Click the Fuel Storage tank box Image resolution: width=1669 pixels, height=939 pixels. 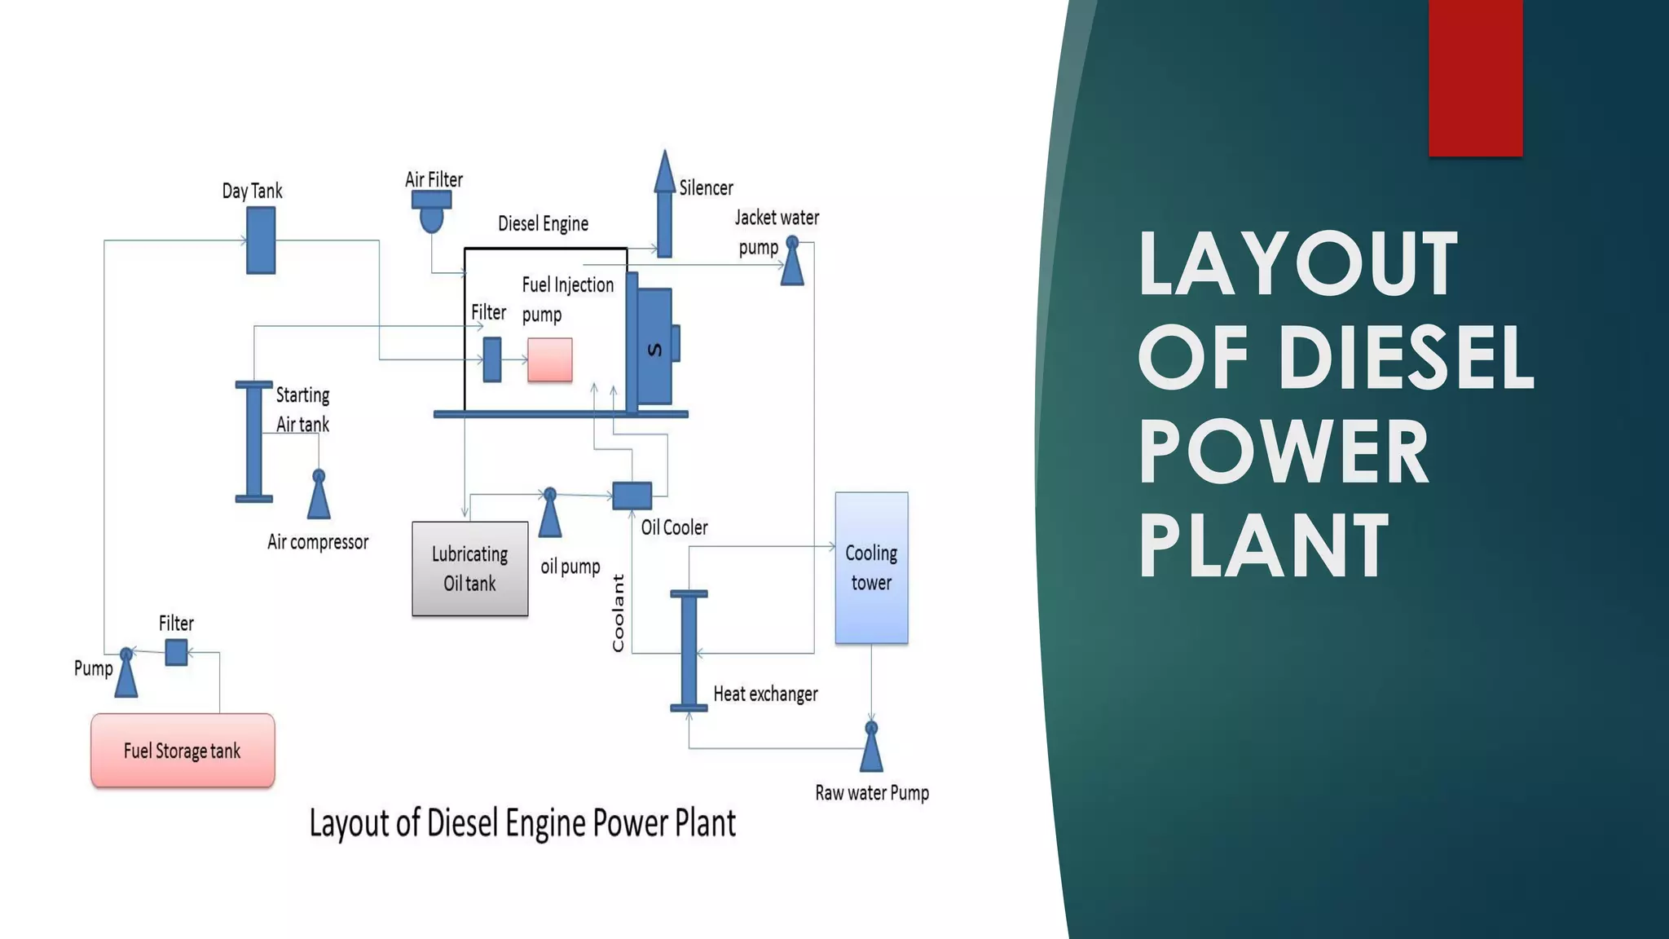point(183,750)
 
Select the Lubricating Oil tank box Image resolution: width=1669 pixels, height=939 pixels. point(469,568)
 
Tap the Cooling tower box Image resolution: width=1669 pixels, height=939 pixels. point(871,567)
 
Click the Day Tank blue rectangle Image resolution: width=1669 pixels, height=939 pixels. point(261,240)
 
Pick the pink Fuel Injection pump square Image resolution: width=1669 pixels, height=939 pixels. point(549,359)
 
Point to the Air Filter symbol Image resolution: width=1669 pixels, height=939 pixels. point(431,210)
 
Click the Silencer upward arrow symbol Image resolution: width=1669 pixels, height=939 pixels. point(664,204)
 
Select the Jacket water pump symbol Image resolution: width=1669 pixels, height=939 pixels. point(792,262)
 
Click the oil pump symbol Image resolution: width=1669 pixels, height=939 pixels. point(550,513)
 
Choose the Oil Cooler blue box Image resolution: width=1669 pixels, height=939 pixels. point(632,496)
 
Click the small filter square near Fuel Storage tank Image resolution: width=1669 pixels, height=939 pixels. point(176,652)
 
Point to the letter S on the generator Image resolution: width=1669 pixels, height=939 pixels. point(654,350)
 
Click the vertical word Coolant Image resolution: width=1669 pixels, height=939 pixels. point(619,613)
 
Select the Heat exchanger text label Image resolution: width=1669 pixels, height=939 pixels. point(765,694)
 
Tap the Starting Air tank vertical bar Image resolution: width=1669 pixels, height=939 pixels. point(254,441)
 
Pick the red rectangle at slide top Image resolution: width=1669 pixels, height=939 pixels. point(1475,77)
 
